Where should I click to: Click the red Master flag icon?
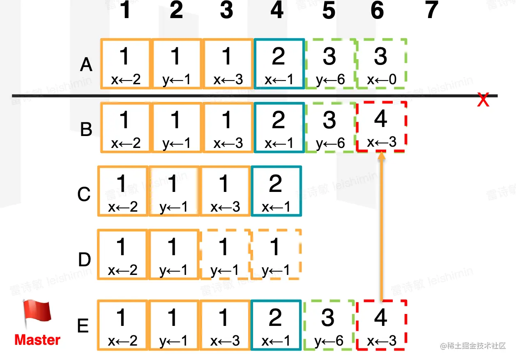pos(37,314)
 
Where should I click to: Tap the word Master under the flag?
pos(37,340)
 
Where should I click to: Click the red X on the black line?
pos(483,100)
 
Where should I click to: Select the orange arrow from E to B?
pos(382,226)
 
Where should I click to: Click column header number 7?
pos(431,11)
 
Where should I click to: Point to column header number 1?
pos(125,11)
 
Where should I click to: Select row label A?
pos(86,65)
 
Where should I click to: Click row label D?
pos(84,260)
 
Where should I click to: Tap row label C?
pos(84,194)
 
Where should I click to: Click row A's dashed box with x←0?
pos(381,64)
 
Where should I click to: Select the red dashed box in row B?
pos(381,127)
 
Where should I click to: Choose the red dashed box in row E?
pos(381,325)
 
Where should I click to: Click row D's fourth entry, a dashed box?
pos(275,254)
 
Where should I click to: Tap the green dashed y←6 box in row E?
pos(329,325)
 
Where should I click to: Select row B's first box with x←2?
pos(126,127)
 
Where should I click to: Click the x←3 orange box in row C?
pos(224,191)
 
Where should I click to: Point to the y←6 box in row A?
pos(330,64)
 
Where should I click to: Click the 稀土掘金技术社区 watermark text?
pos(473,346)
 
